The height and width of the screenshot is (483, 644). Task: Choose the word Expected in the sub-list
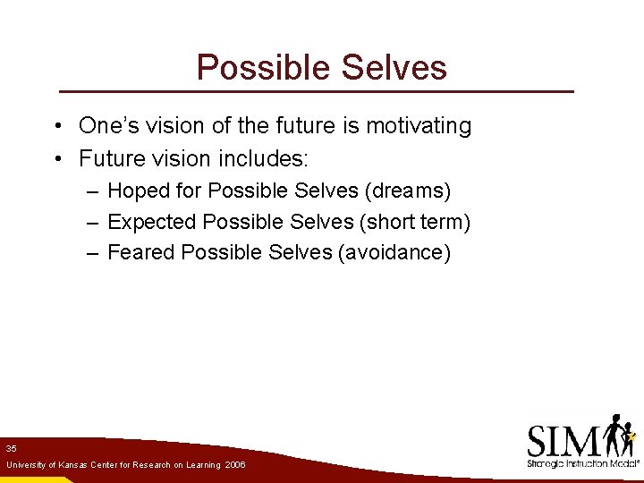pyautogui.click(x=152, y=221)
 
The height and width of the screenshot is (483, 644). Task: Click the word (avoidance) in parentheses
pyautogui.click(x=394, y=252)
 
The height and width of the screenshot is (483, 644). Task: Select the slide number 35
pyautogui.click(x=11, y=448)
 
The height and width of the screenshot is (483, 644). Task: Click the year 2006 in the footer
pyautogui.click(x=235, y=465)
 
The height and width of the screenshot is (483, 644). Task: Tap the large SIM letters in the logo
pyautogui.click(x=563, y=441)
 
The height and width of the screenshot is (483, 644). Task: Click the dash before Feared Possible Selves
pyautogui.click(x=93, y=253)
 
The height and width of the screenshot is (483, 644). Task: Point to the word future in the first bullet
pyautogui.click(x=290, y=126)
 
